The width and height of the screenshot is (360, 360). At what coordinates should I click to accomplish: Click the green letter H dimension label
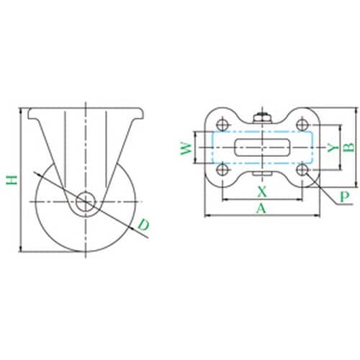(12, 180)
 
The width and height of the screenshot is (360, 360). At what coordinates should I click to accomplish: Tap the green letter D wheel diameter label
(144, 225)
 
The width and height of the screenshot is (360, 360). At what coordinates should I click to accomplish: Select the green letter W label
(186, 149)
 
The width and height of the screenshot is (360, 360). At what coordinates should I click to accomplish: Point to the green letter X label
(262, 192)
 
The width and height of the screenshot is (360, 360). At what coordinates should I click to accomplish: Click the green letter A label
(261, 208)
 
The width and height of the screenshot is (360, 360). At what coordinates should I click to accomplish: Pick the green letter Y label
(333, 148)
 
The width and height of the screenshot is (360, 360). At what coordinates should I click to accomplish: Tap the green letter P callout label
(345, 197)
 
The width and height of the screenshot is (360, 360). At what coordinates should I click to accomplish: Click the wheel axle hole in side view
(86, 202)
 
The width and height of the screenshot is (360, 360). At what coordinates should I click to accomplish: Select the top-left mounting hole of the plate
(222, 125)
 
